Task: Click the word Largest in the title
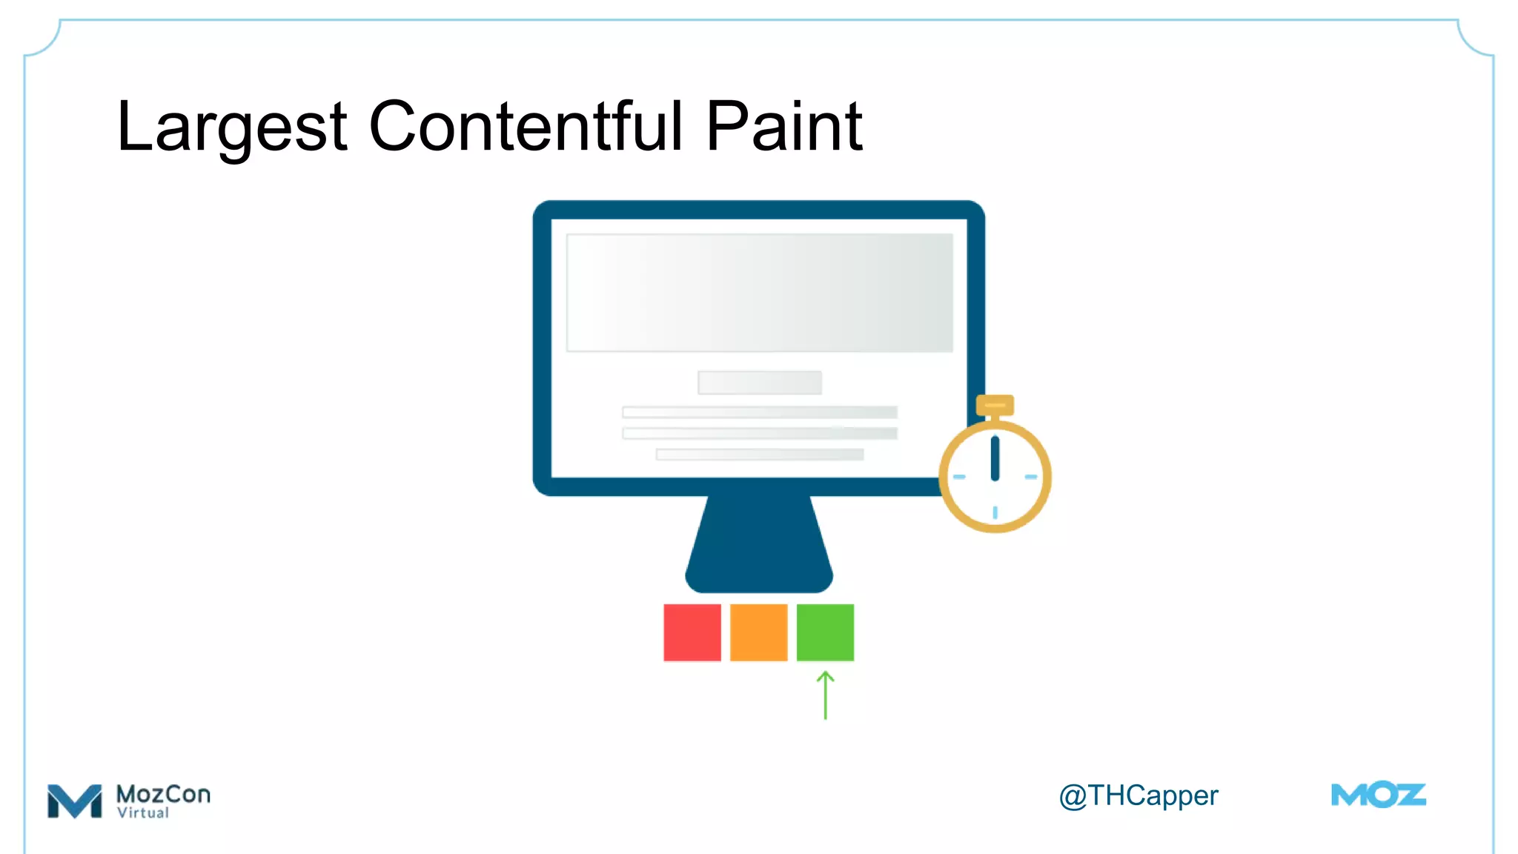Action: [x=232, y=128]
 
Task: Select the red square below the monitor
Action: [x=692, y=632]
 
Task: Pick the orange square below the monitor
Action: [x=758, y=632]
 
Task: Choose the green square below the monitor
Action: [x=825, y=632]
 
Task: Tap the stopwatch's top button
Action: [x=995, y=406]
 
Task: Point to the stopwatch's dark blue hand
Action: [x=995, y=458]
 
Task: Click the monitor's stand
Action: [x=759, y=545]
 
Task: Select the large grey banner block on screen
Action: [x=759, y=293]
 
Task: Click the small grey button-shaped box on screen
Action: [x=759, y=383]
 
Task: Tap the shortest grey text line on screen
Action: [x=759, y=454]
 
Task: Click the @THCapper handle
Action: [x=1138, y=796]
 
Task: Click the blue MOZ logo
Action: [x=1378, y=795]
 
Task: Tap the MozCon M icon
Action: [x=74, y=801]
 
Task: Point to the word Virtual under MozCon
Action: [x=143, y=812]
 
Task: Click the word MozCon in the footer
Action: [x=163, y=794]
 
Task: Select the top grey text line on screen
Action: [x=759, y=412]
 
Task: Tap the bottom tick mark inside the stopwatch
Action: [x=995, y=512]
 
